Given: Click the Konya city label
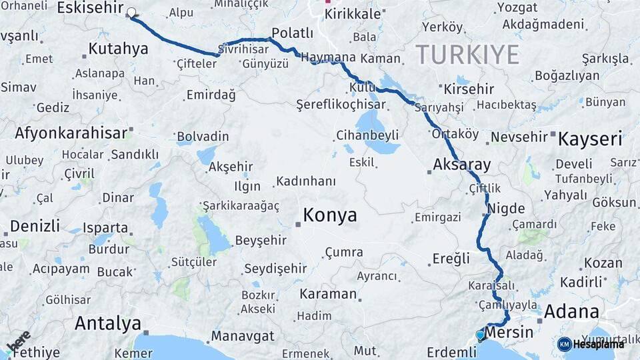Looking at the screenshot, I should click(x=330, y=215).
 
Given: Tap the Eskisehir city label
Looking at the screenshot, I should click(x=92, y=8).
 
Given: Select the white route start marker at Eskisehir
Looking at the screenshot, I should click(x=131, y=13).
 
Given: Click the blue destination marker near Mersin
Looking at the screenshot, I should click(x=480, y=335).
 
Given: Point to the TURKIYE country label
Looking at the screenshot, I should click(x=467, y=55).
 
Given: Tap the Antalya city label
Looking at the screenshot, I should click(x=108, y=324).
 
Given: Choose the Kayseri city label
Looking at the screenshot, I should click(x=589, y=139).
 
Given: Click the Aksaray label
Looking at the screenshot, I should click(x=461, y=165).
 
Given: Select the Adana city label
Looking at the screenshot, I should click(x=571, y=311).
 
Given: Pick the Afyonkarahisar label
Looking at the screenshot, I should click(x=71, y=133).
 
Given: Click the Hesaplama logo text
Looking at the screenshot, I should click(x=599, y=344).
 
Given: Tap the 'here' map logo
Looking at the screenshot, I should click(x=18, y=341).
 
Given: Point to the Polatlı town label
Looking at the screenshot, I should click(x=292, y=33).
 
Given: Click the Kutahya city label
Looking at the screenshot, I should click(x=118, y=49).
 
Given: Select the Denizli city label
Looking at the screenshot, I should click(x=35, y=225).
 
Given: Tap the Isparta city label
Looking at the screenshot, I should click(x=105, y=227).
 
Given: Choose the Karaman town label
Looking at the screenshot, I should click(x=328, y=294).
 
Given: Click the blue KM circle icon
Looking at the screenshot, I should click(x=564, y=344).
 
